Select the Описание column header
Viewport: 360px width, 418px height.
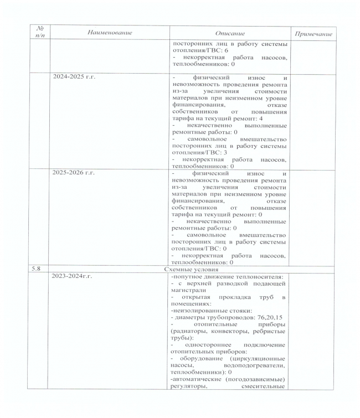point(230,34)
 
